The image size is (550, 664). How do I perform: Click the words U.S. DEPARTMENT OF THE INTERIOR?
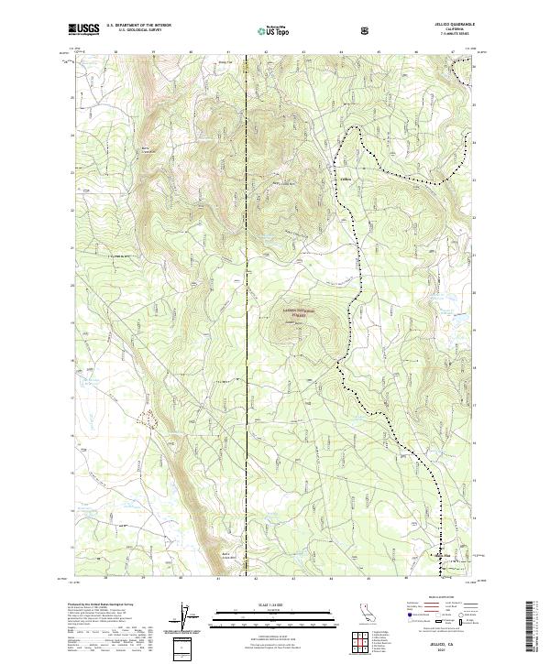pyautogui.click(x=138, y=26)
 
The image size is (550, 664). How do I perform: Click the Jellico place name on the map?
pyautogui.click(x=346, y=166)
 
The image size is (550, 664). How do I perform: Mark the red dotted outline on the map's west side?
pyautogui.click(x=147, y=418)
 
